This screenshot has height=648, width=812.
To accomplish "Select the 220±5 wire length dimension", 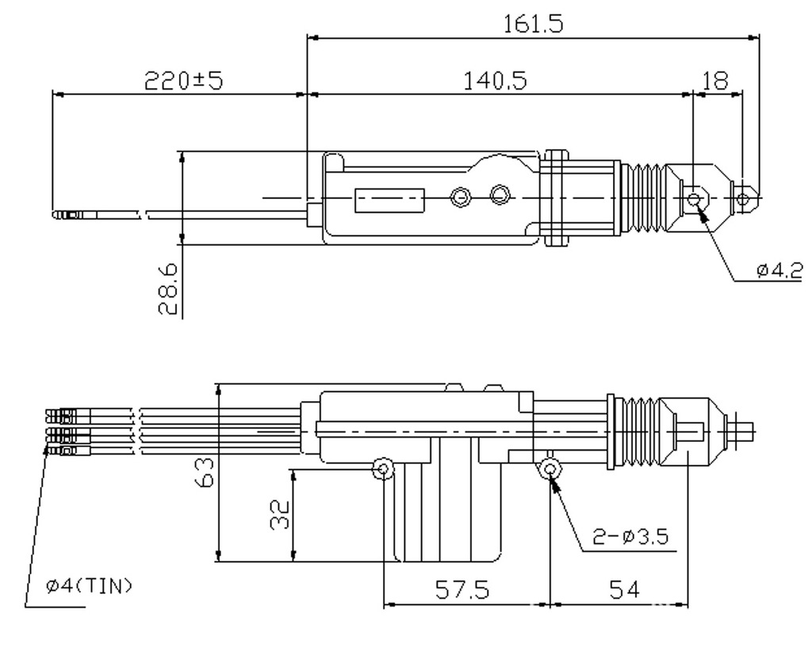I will pyautogui.click(x=182, y=80).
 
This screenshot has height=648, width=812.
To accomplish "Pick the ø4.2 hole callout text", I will pyautogui.click(x=779, y=270).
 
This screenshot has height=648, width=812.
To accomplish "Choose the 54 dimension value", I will pyautogui.click(x=621, y=590).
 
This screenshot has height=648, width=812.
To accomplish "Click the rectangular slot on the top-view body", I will pyautogui.click(x=389, y=200).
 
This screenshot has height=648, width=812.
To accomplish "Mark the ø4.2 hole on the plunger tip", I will pyautogui.click(x=694, y=197).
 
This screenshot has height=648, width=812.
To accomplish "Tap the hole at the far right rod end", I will pyautogui.click(x=743, y=197).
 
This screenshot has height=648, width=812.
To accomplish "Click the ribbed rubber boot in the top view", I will pyautogui.click(x=644, y=198).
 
